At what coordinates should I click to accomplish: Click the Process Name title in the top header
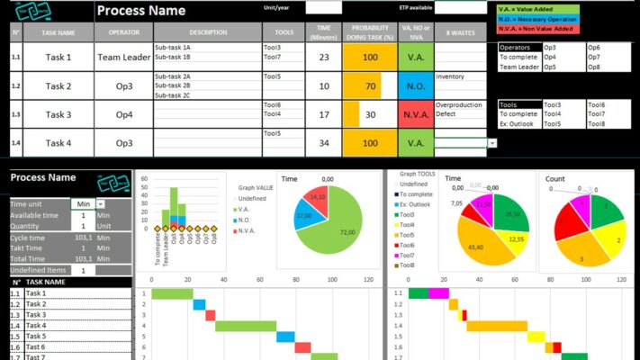point(141,11)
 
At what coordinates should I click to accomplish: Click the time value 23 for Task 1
point(323,57)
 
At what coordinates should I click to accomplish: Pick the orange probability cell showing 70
point(370,86)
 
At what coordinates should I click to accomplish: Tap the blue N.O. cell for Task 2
point(415,86)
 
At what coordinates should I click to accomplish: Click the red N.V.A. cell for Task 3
point(415,114)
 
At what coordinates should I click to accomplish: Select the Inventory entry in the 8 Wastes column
point(451,76)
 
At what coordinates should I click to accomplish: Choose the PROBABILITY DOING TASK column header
point(369,32)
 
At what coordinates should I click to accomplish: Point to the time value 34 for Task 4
point(323,142)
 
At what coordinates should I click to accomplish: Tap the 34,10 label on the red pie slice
point(316,196)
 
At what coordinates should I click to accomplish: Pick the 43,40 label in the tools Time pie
point(475,247)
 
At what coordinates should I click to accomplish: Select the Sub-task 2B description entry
point(173,86)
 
